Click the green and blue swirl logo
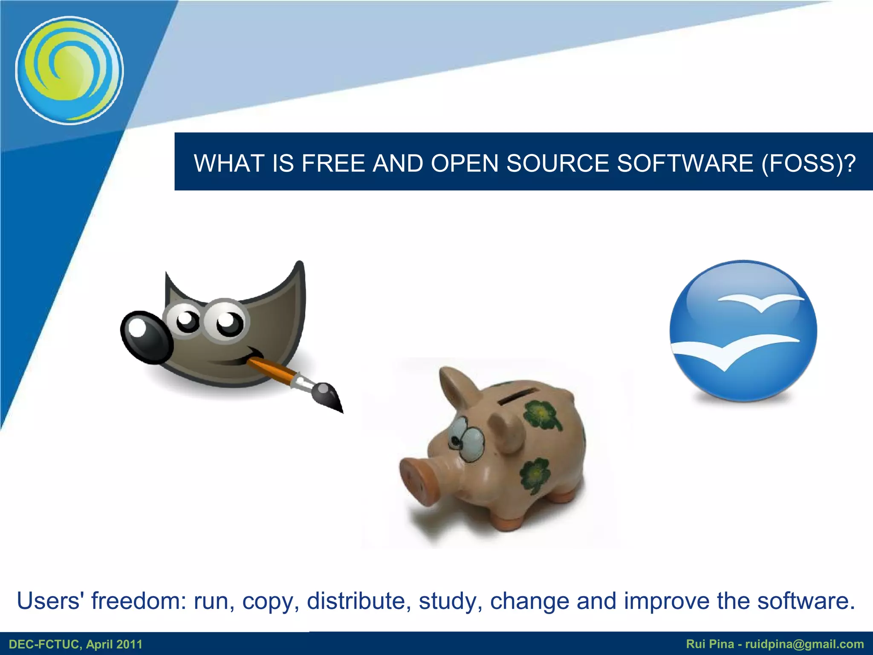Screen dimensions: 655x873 (69, 70)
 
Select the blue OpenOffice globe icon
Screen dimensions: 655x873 (743, 331)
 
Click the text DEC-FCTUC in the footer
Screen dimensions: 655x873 (45, 644)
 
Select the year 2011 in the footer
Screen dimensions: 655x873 (128, 644)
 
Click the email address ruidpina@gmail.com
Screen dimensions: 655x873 (804, 644)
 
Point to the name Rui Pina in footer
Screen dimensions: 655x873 (710, 644)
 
